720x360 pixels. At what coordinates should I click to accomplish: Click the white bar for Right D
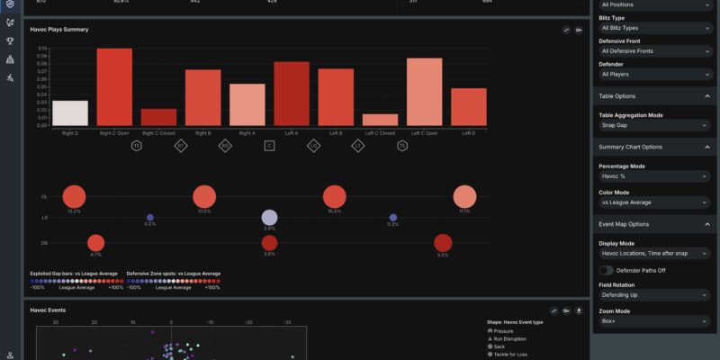[x=70, y=112]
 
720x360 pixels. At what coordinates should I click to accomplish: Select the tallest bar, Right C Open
[x=114, y=86]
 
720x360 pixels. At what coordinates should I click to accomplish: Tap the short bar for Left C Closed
[x=380, y=119]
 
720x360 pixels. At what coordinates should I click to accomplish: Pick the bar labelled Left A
[x=292, y=94]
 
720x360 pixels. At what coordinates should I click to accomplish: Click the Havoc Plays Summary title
[x=59, y=30]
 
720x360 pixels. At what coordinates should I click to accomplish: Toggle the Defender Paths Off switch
[x=606, y=270]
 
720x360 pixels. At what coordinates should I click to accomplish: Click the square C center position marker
[x=269, y=145]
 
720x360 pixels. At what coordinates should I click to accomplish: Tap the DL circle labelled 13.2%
[x=75, y=197]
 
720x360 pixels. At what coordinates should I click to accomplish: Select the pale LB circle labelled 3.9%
[x=269, y=217]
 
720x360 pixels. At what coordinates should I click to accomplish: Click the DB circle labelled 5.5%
[x=442, y=243]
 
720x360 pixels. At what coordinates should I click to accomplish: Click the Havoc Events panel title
[x=48, y=310]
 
